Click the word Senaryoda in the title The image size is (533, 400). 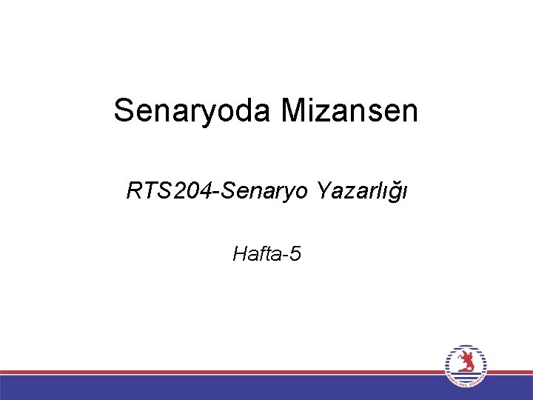click(x=194, y=111)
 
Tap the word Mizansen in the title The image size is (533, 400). click(x=350, y=111)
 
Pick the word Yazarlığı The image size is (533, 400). click(x=362, y=193)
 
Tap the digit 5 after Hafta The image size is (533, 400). click(x=295, y=255)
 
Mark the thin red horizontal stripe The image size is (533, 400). click(x=222, y=372)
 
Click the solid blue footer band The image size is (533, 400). click(x=222, y=387)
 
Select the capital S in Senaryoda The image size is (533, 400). click(x=123, y=111)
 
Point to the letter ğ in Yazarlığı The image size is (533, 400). click(x=396, y=194)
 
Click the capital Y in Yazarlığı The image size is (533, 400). click(x=323, y=192)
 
